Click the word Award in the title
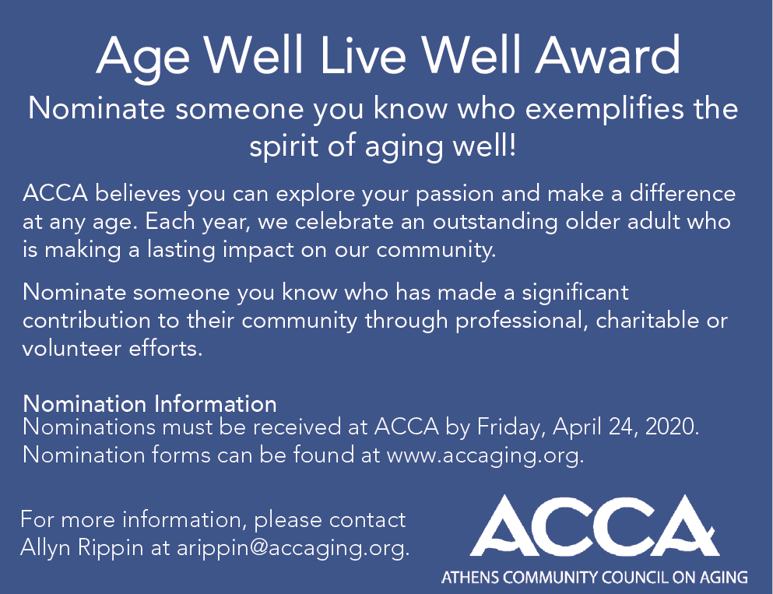pos(608,54)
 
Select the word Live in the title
pos(364,54)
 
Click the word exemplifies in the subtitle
pos(604,110)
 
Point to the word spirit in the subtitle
pos(283,147)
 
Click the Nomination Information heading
pos(149,404)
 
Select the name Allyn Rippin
pos(82,548)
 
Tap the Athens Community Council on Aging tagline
pos(595,577)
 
